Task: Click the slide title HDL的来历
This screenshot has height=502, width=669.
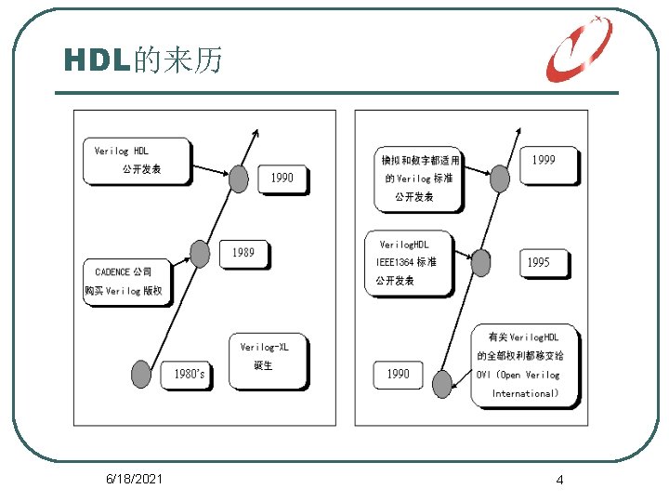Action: (143, 60)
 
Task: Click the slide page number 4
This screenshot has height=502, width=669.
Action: (559, 480)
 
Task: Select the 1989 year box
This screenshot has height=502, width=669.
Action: (243, 253)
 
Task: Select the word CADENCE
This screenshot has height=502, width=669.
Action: (113, 271)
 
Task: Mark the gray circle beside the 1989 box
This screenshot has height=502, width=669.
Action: (200, 252)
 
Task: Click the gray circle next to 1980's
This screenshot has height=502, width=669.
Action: (140, 374)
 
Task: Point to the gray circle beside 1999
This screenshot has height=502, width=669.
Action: (500, 178)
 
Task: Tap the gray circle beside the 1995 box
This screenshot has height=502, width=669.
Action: (481, 262)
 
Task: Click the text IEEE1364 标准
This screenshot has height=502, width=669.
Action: (406, 262)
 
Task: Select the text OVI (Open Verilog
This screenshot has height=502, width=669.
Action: (518, 375)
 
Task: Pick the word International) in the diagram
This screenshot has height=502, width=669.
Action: (525, 393)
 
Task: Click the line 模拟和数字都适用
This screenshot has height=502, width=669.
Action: (421, 161)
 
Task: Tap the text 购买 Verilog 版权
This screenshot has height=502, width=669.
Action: (128, 290)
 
